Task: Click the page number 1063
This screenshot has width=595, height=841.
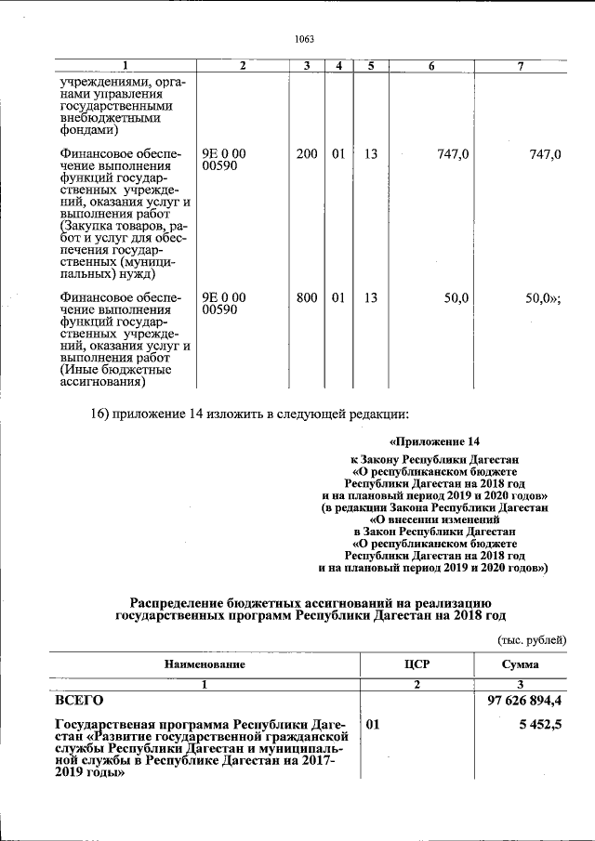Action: [x=304, y=39]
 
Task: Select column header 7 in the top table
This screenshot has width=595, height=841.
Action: [x=521, y=66]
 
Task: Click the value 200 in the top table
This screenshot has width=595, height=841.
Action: [x=307, y=154]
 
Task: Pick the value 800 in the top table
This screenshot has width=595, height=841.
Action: [x=307, y=297]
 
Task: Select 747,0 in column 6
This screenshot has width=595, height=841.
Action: [x=452, y=154]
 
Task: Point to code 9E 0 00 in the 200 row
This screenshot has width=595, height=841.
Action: [x=224, y=154]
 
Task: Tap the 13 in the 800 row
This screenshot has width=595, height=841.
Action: [x=371, y=297]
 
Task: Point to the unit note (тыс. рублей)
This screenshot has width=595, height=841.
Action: [x=526, y=639]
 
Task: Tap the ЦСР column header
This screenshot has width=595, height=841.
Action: [x=416, y=664]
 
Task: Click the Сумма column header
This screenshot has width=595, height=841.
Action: [x=521, y=664]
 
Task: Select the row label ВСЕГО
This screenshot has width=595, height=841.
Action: [x=80, y=700]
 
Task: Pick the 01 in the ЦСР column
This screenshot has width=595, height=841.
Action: [x=374, y=725]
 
